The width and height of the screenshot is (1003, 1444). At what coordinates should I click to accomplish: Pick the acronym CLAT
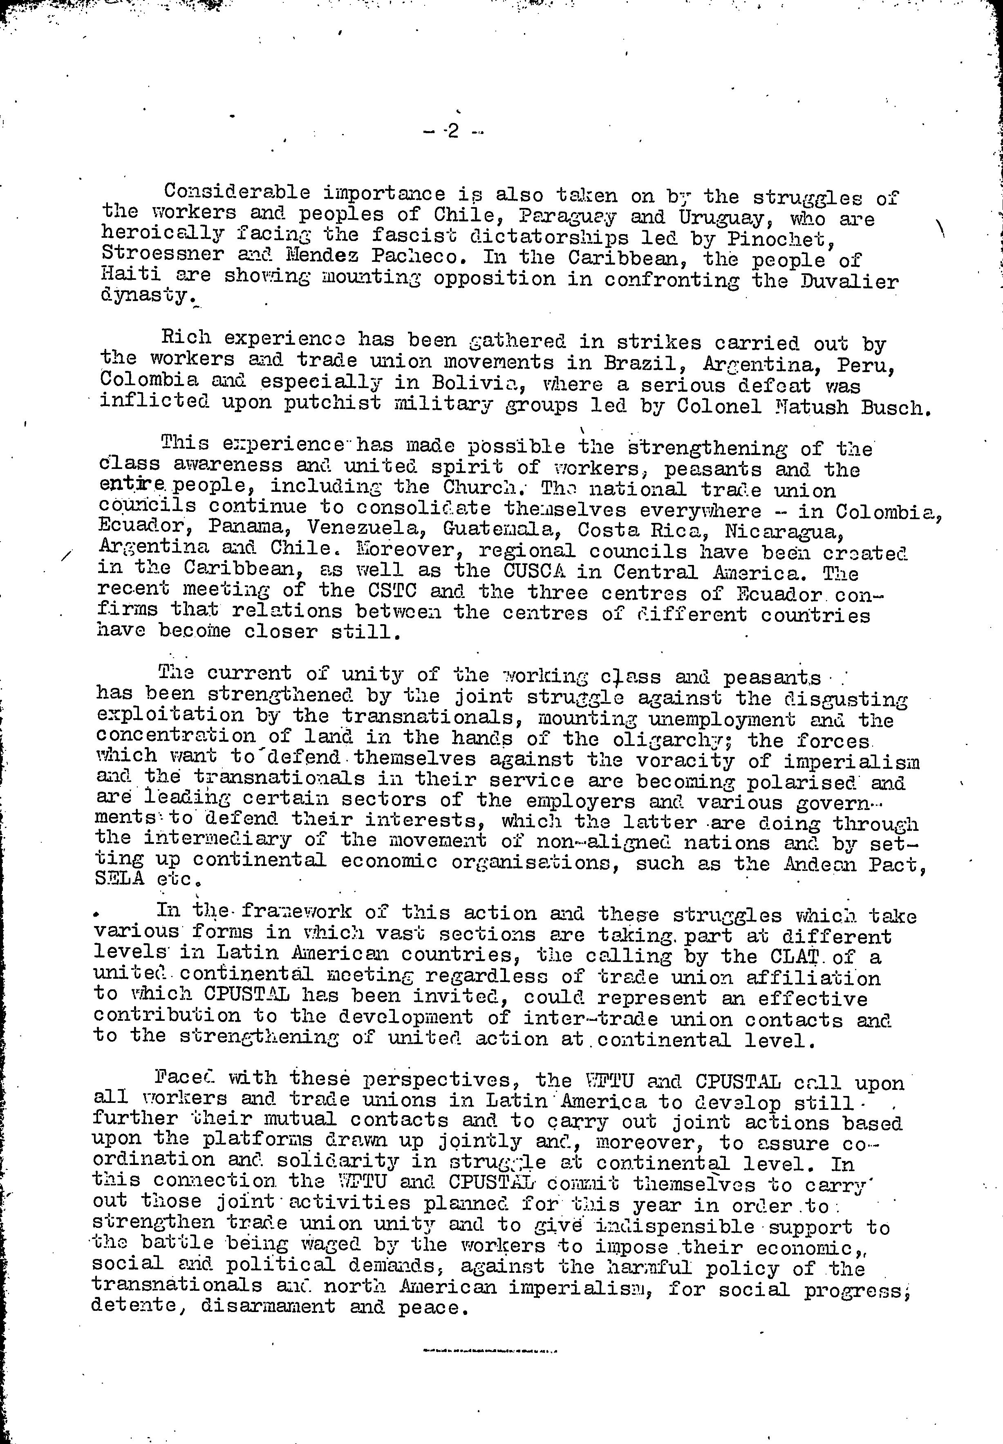click(810, 957)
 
